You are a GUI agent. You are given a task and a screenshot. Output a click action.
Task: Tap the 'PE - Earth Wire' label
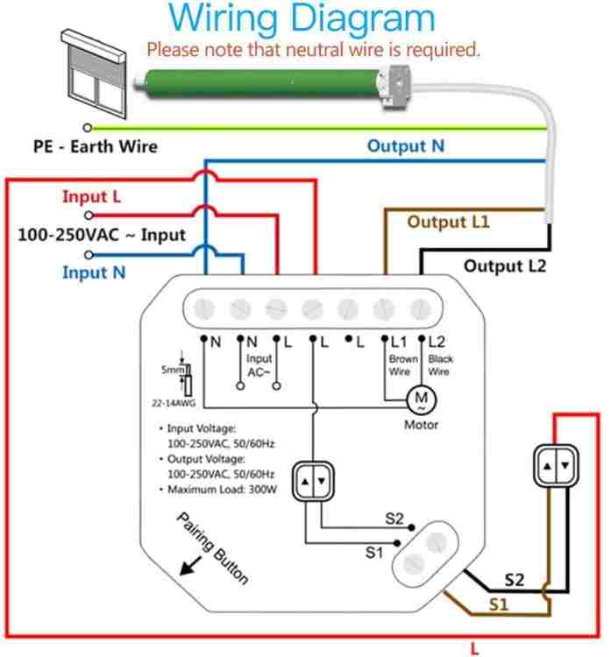(96, 146)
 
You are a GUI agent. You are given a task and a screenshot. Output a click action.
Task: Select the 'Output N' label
(405, 145)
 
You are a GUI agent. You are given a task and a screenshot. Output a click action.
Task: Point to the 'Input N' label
(94, 272)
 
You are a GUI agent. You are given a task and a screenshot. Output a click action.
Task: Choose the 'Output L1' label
(448, 223)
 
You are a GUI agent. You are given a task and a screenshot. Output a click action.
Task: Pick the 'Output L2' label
(504, 265)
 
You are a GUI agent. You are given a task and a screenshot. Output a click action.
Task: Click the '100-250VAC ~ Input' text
(102, 235)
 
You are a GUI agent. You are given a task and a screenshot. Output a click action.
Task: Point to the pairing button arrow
(188, 565)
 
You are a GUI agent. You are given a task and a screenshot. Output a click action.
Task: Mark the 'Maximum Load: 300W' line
(222, 490)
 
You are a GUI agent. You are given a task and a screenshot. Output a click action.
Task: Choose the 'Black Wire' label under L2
(440, 365)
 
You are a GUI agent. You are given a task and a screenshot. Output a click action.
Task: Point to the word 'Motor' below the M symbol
(420, 425)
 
